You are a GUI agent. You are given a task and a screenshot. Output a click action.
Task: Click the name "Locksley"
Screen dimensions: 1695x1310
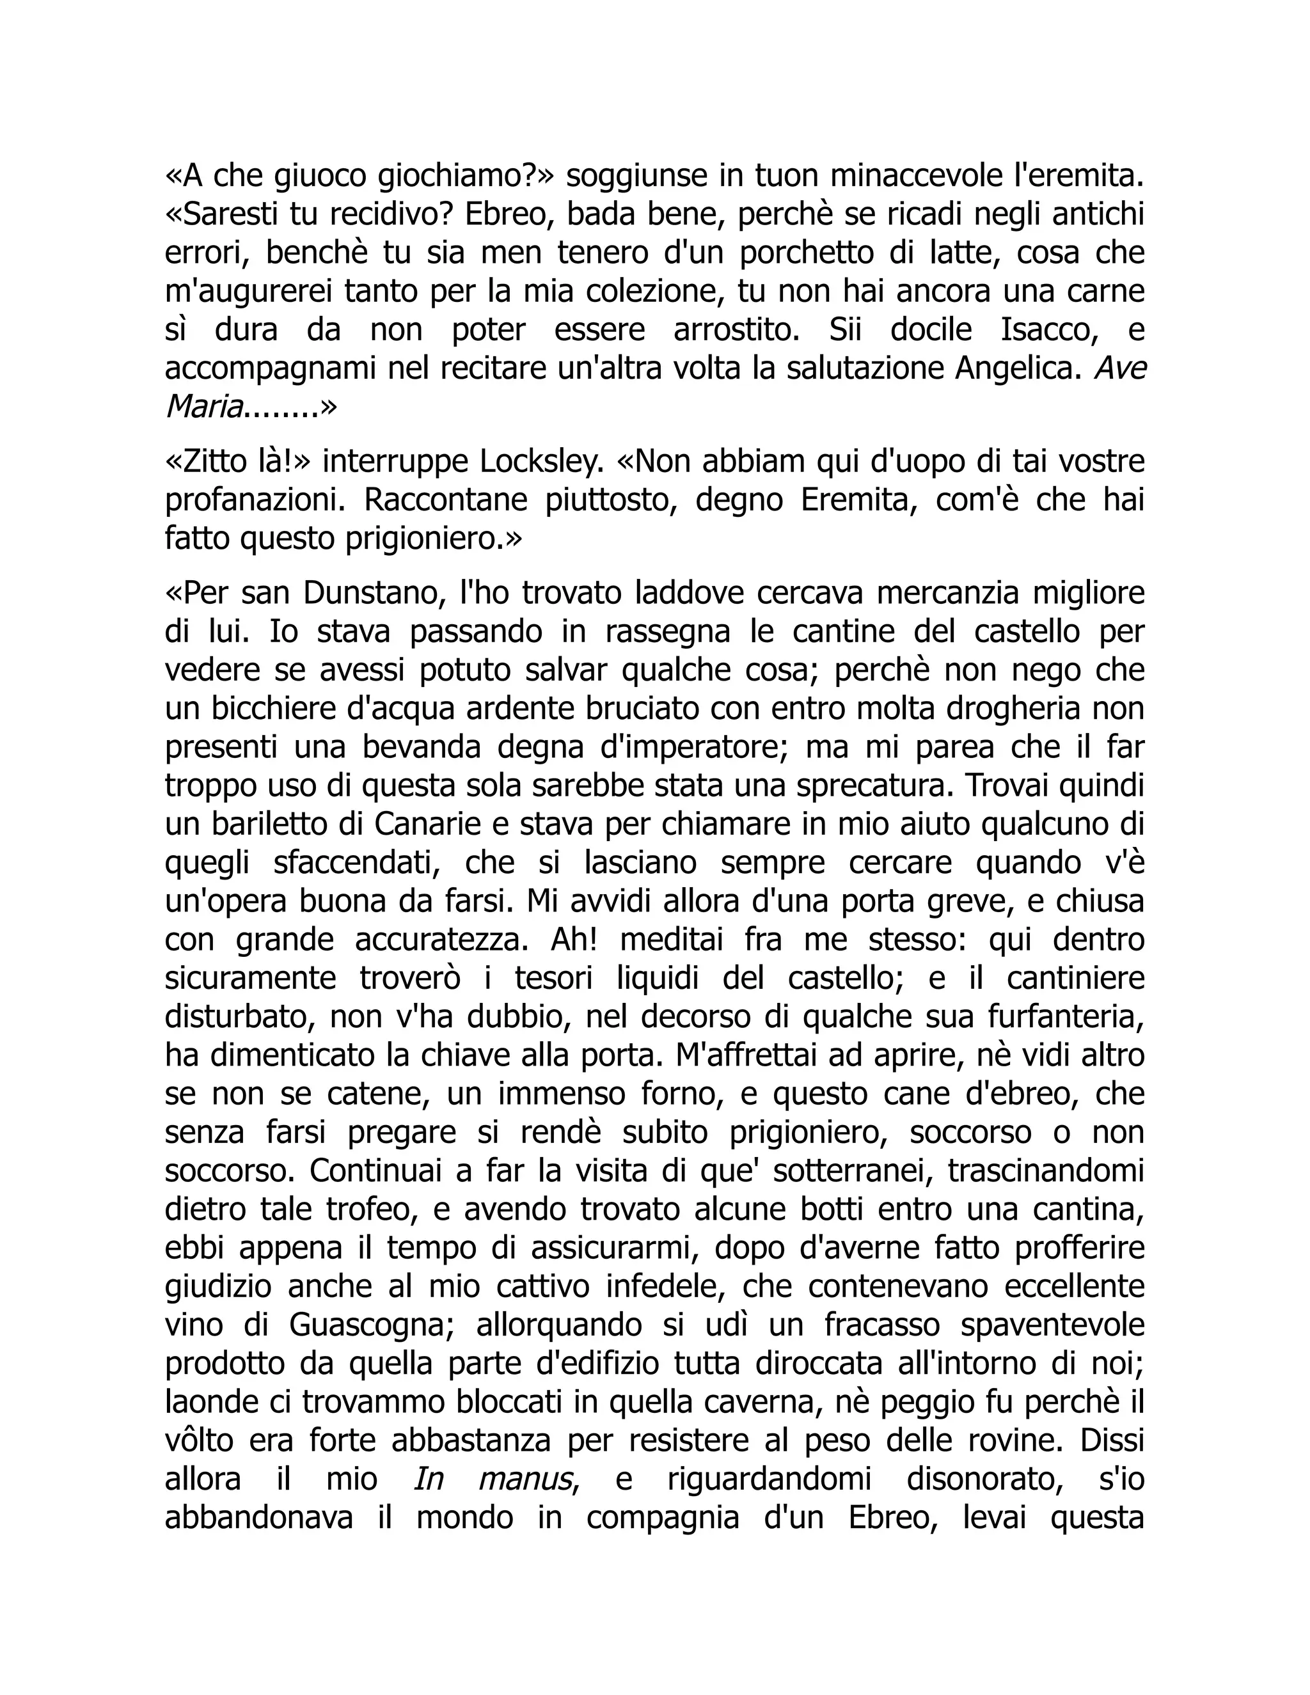coord(542,462)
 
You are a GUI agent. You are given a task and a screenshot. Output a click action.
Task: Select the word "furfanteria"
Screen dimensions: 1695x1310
coord(1066,1017)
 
